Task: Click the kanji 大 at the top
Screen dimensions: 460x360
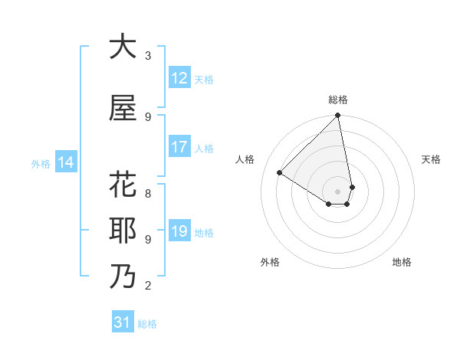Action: pyautogui.click(x=123, y=47)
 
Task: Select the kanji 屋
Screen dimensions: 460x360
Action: pyautogui.click(x=123, y=109)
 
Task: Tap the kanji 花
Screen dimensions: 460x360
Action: pyautogui.click(x=123, y=186)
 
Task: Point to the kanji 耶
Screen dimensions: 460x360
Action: pyautogui.click(x=123, y=231)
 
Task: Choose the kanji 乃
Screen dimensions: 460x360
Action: pyautogui.click(x=123, y=277)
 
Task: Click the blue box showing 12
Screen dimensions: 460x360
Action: pyautogui.click(x=179, y=78)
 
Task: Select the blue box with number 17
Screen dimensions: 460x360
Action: pyautogui.click(x=179, y=148)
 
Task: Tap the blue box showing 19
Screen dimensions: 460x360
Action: pyautogui.click(x=179, y=232)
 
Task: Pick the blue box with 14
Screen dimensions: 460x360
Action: pyautogui.click(x=66, y=162)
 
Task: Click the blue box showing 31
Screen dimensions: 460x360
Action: pyautogui.click(x=123, y=323)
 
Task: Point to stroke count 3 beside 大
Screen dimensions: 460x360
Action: pyautogui.click(x=148, y=56)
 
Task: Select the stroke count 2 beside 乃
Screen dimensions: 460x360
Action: pyautogui.click(x=148, y=286)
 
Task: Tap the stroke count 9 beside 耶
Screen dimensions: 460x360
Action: pyautogui.click(x=148, y=239)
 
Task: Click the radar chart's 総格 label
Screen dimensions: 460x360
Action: pyautogui.click(x=338, y=100)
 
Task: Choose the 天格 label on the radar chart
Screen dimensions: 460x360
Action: pyautogui.click(x=431, y=159)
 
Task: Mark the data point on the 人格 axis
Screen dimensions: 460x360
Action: pyautogui.click(x=280, y=172)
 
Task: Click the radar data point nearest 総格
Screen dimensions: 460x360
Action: pyautogui.click(x=338, y=116)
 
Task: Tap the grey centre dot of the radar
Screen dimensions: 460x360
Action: pyautogui.click(x=338, y=191)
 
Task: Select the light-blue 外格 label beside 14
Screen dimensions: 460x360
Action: pyautogui.click(x=40, y=163)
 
